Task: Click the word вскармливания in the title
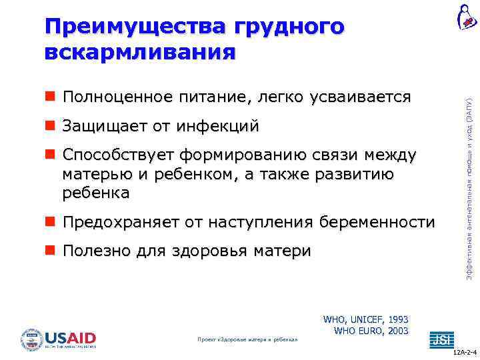140,53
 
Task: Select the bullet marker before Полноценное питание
50,97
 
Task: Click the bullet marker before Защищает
50,126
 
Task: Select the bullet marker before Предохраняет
50,222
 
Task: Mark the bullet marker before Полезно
50,251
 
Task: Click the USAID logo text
70,337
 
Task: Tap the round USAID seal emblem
31,339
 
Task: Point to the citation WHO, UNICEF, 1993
365,319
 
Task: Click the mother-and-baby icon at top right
466,16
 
